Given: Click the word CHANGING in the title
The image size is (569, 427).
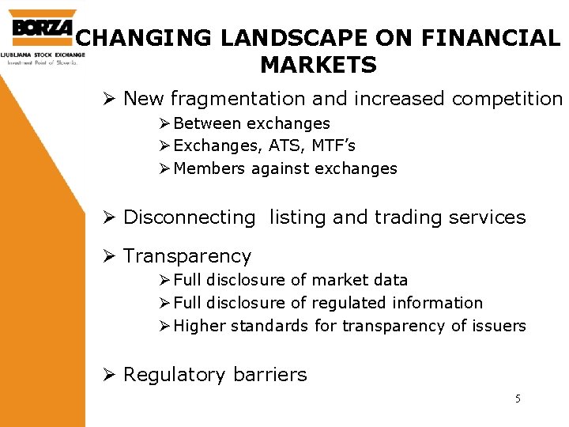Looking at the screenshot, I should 133,37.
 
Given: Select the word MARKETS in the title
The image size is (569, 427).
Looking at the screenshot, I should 318,64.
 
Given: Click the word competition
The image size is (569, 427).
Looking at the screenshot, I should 507,99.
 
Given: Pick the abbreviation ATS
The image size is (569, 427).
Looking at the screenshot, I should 288,145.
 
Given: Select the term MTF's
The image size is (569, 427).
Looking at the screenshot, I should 335,145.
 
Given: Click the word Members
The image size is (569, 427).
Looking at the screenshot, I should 209,168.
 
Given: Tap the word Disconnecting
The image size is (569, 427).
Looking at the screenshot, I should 190,217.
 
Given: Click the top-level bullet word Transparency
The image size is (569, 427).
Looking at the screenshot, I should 187,256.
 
